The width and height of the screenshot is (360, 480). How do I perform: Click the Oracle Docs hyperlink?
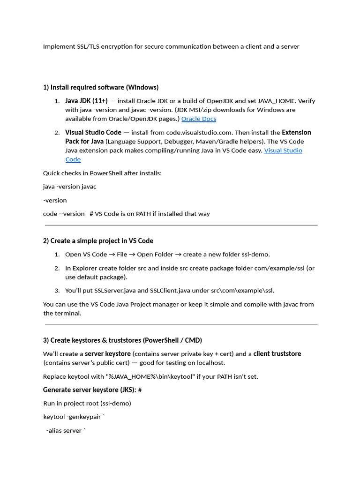(x=199, y=119)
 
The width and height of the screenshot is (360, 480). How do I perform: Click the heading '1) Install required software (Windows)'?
(x=101, y=87)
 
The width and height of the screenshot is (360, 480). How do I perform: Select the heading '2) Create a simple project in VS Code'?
(x=98, y=241)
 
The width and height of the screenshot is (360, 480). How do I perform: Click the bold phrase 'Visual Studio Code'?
(x=93, y=133)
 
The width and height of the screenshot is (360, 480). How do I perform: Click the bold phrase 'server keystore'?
(x=108, y=354)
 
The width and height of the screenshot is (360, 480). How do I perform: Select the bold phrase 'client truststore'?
(x=277, y=354)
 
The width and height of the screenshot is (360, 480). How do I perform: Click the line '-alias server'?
(x=66, y=430)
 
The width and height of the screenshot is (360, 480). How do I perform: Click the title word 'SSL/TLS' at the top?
(x=90, y=46)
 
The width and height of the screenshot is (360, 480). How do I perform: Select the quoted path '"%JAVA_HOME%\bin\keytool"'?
(x=144, y=376)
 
